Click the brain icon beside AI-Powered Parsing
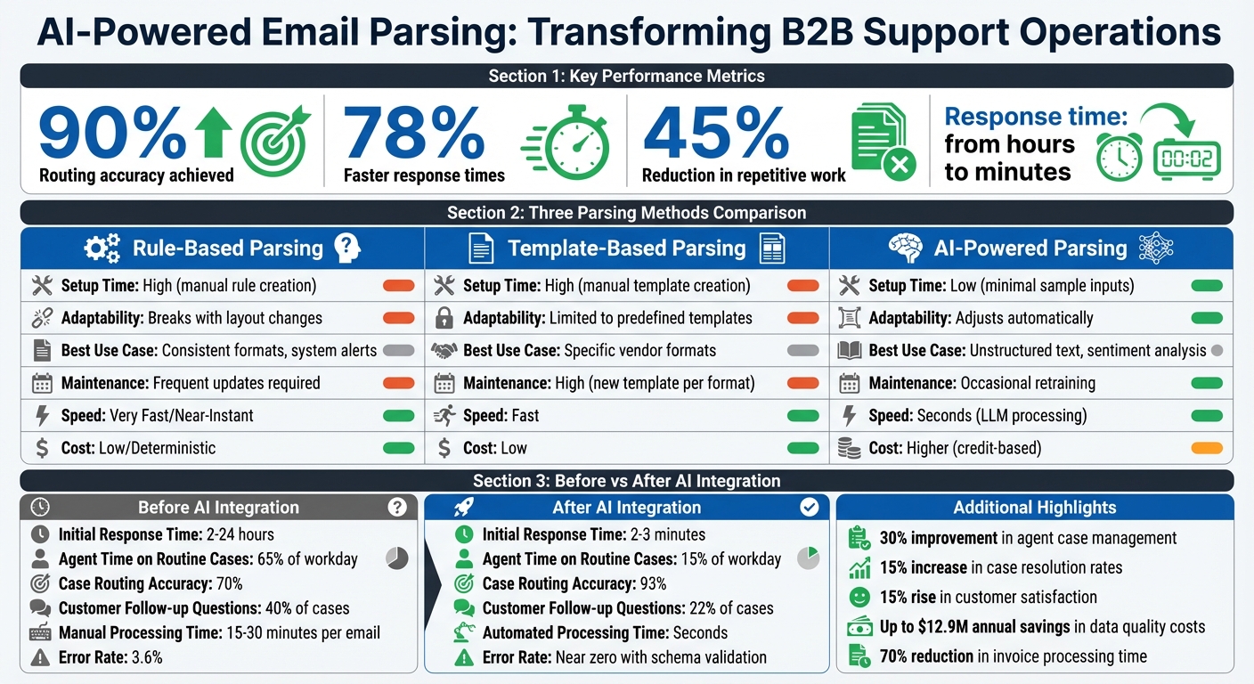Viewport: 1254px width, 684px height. [x=905, y=248]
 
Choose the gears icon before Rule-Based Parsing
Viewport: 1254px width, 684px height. [x=102, y=248]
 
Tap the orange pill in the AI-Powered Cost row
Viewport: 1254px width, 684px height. [x=1206, y=448]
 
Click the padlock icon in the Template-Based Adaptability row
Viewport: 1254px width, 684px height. [x=444, y=318]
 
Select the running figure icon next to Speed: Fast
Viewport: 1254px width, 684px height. [x=444, y=415]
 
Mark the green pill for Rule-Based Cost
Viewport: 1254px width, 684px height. [x=398, y=448]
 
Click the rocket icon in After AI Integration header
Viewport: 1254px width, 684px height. [x=463, y=507]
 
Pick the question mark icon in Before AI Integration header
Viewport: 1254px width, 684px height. [x=397, y=508]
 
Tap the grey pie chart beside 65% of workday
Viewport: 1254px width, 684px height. [x=397, y=558]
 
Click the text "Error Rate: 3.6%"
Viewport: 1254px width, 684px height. [x=110, y=658]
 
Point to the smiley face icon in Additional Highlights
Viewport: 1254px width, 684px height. [x=859, y=597]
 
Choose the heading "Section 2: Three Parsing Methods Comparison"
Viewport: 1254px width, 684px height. [x=626, y=213]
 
